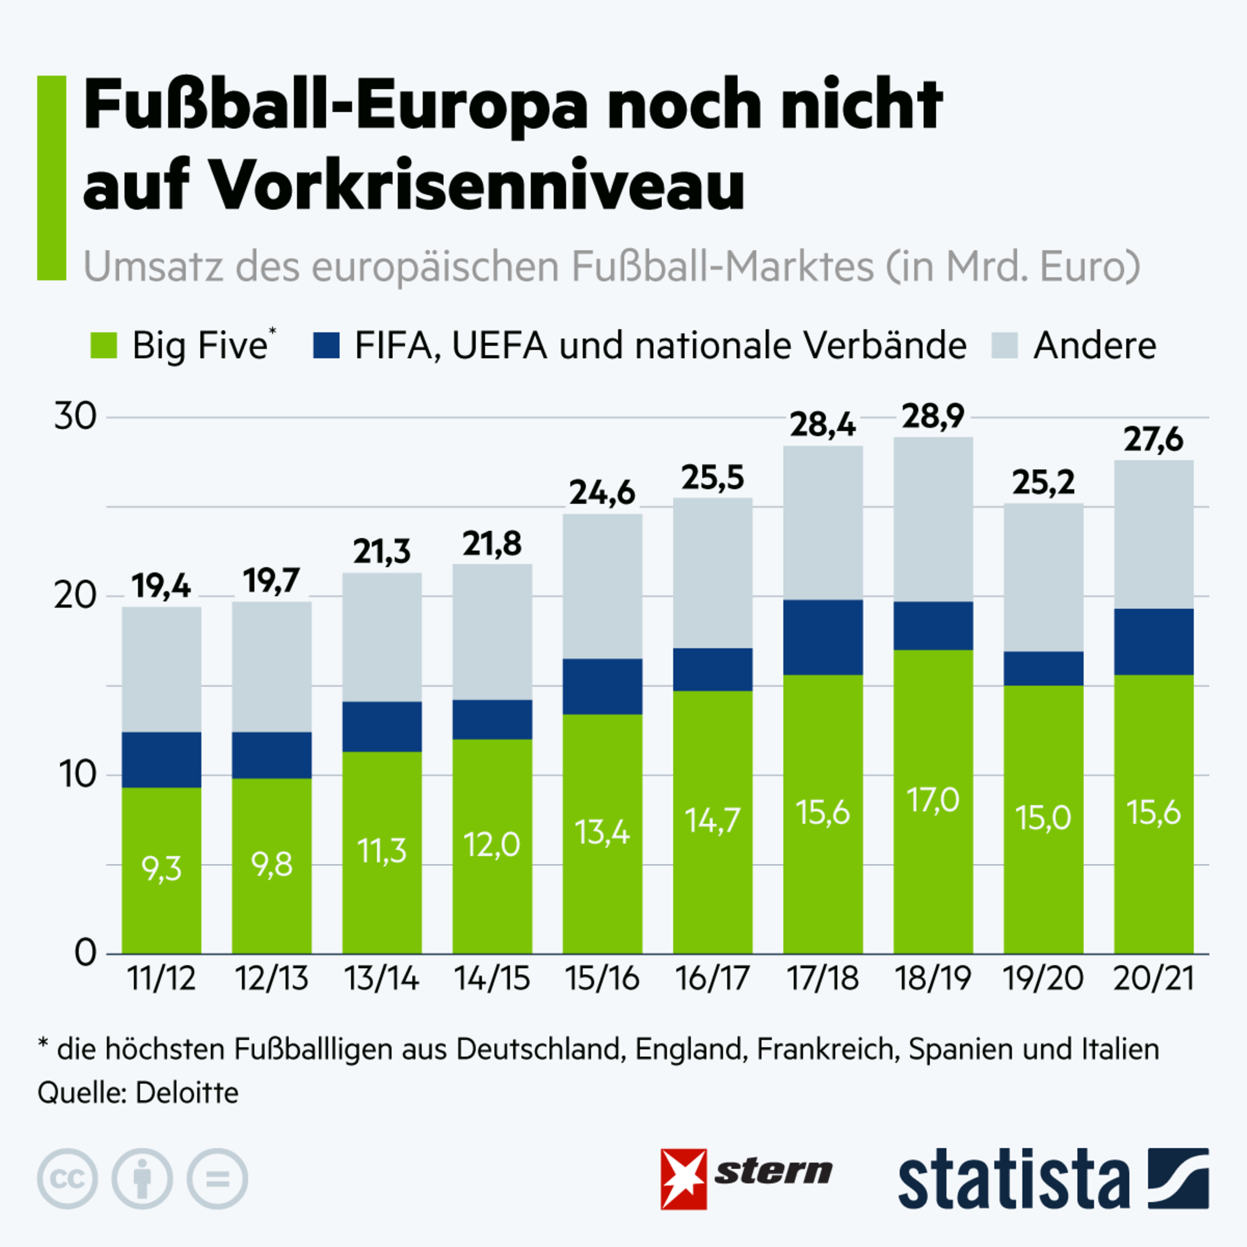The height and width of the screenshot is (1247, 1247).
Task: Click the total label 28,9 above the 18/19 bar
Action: pos(933,416)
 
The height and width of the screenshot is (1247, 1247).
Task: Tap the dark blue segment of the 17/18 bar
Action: pos(823,637)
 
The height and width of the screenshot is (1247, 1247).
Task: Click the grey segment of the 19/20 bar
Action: pos(1043,577)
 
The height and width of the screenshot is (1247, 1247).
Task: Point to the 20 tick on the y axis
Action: pos(75,595)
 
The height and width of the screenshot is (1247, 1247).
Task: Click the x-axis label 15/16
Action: pos(602,978)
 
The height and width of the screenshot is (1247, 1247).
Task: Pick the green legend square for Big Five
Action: pos(104,345)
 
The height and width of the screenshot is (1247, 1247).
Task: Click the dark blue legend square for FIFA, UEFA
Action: pos(326,345)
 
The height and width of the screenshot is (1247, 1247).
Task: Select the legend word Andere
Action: pos(1095,345)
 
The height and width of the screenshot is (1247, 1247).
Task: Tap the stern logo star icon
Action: pos(684,1179)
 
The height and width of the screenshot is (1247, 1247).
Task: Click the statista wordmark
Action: pos(1013,1179)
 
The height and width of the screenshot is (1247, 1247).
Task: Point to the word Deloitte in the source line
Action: pos(187,1094)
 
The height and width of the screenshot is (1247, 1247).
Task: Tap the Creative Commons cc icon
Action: pos(67,1179)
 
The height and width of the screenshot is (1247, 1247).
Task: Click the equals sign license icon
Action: pos(217,1179)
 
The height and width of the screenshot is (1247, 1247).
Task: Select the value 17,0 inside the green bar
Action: pos(933,800)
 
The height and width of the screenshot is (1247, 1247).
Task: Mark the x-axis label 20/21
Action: pos(1153,978)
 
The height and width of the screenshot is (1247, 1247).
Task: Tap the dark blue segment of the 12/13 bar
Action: pos(272,754)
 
